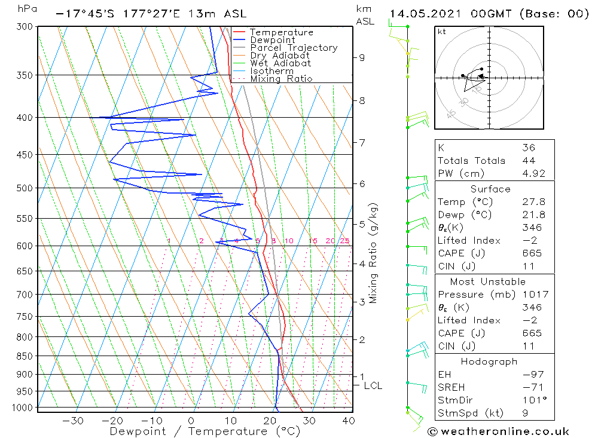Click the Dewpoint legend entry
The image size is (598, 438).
tap(273, 40)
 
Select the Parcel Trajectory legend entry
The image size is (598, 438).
tap(294, 48)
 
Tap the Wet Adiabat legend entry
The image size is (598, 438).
tap(280, 63)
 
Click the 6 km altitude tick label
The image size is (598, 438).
tap(362, 183)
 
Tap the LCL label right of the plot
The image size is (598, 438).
tap(373, 386)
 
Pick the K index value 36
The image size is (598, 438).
tap(528, 148)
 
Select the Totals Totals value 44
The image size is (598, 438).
tap(528, 161)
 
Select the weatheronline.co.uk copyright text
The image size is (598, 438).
tap(498, 431)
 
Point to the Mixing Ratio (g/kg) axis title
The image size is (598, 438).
tap(373, 253)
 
